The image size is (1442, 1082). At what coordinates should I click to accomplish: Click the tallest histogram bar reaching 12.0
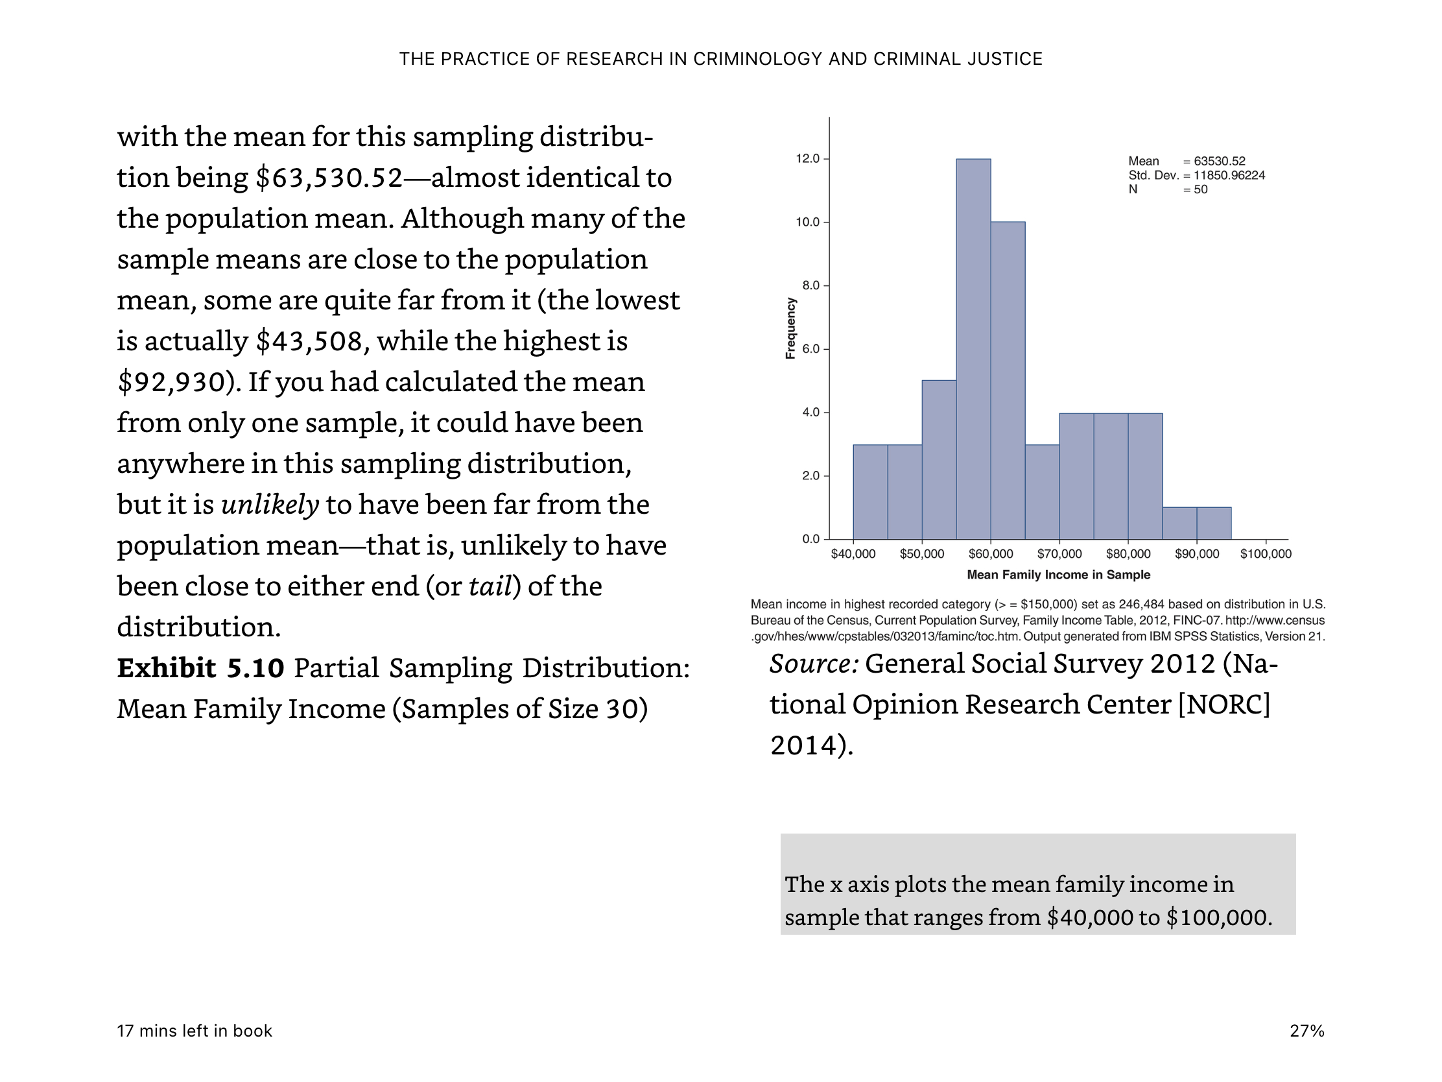(x=973, y=349)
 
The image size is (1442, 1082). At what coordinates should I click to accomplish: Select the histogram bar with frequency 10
(x=1008, y=380)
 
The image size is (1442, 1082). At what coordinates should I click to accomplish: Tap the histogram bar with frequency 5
(x=939, y=460)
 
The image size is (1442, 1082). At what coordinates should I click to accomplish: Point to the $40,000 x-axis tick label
(x=853, y=554)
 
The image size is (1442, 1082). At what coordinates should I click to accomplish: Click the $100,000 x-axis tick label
(x=1266, y=554)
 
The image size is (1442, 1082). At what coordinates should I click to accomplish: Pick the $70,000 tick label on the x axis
(x=1059, y=554)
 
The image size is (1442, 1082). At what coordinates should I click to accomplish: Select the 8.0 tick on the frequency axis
(x=810, y=285)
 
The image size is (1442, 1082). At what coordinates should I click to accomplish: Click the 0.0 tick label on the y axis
(x=810, y=538)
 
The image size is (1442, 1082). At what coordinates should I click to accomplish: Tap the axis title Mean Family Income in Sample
(x=1059, y=575)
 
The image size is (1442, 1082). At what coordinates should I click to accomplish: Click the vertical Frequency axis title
(x=791, y=328)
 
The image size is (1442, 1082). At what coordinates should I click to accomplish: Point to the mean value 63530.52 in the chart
(x=1219, y=161)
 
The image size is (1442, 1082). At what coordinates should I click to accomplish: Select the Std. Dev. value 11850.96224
(x=1229, y=175)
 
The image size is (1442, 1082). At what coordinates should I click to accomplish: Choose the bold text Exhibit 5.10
(x=200, y=668)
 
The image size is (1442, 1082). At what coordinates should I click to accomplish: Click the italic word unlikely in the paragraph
(x=270, y=505)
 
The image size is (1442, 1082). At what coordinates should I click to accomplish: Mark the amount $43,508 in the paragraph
(x=309, y=342)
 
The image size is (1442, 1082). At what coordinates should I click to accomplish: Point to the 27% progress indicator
(x=1307, y=1031)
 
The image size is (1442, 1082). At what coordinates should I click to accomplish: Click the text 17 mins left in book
(x=195, y=1031)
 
